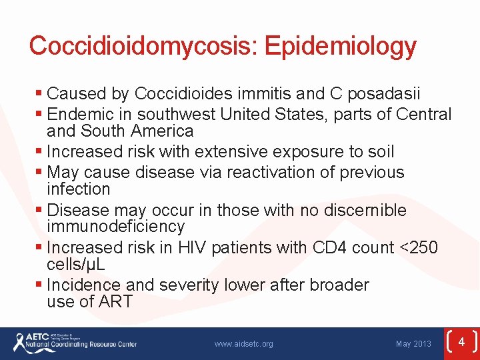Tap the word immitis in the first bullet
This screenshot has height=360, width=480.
point(284,94)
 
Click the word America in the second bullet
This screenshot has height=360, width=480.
point(163,131)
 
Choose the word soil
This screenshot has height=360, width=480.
point(379,152)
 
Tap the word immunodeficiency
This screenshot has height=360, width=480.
point(115,227)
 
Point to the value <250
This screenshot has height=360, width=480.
point(417,248)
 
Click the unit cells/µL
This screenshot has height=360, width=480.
point(76,265)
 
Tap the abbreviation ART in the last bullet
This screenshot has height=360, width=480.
point(115,301)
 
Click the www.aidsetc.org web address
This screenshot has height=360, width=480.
point(243,344)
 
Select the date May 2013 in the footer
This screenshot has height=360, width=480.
point(413,344)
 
